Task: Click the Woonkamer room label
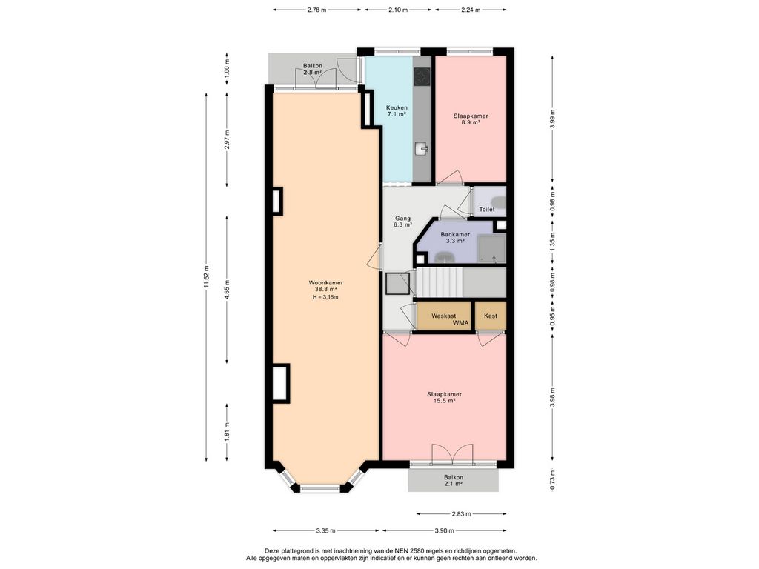(326, 282)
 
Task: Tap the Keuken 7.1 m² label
(397, 111)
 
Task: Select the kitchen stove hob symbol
(421, 76)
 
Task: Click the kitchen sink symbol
(422, 149)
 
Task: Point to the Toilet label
(487, 210)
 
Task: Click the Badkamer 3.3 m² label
(455, 238)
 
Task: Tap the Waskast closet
(444, 316)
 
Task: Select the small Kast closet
(491, 316)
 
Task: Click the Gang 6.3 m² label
(402, 222)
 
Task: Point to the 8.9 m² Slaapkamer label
(471, 119)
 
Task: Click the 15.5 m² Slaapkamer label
(444, 397)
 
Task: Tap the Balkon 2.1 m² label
(453, 480)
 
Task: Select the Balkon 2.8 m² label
(313, 69)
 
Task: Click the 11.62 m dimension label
(206, 277)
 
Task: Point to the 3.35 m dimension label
(326, 530)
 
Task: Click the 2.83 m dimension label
(461, 514)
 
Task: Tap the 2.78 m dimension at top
(316, 10)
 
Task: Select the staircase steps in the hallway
(440, 282)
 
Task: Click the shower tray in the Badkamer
(491, 248)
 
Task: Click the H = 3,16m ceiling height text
(325, 297)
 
